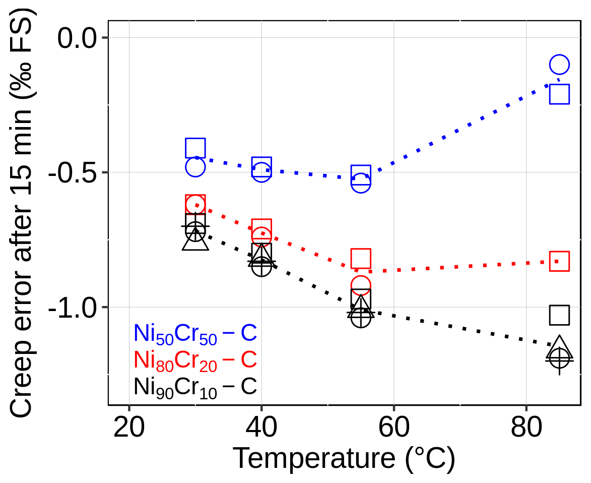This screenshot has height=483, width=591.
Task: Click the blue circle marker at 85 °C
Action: click(x=559, y=65)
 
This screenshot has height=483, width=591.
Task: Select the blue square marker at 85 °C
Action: click(x=559, y=94)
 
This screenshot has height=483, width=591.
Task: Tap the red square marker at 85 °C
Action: click(x=559, y=261)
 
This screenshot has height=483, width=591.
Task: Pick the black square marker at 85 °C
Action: click(x=559, y=315)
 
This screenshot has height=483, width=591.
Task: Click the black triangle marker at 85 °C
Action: click(x=559, y=346)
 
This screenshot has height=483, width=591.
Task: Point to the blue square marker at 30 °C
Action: click(x=195, y=148)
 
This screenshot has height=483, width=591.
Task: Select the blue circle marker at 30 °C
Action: click(x=195, y=166)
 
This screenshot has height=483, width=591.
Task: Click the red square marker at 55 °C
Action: click(x=361, y=258)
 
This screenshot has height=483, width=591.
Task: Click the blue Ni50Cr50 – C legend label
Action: click(x=195, y=333)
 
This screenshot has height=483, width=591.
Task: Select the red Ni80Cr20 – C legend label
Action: click(x=195, y=360)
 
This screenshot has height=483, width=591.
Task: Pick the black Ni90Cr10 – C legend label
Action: click(x=195, y=387)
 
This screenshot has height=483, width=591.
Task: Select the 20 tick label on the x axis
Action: click(x=129, y=429)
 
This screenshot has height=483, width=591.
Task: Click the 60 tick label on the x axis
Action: click(x=393, y=429)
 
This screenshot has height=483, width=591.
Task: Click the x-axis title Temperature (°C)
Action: click(x=344, y=459)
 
